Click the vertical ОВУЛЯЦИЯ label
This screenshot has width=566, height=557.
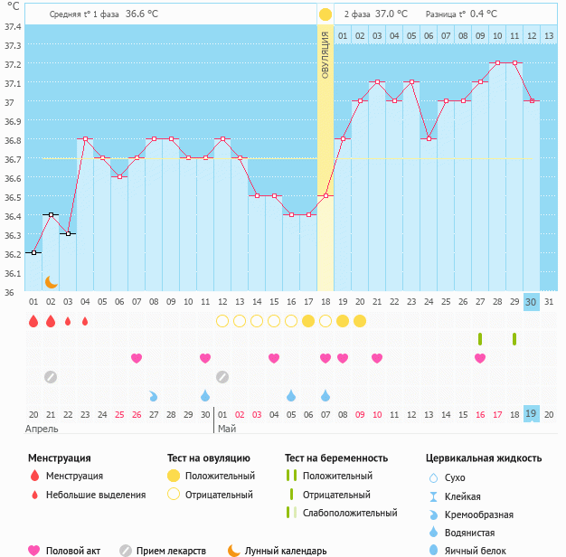[x=325, y=53]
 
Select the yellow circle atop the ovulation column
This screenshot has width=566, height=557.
[x=325, y=14]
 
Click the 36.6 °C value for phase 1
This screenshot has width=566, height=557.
[x=141, y=14]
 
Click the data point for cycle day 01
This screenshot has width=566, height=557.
[x=33, y=253]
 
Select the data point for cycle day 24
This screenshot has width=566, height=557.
[x=429, y=139]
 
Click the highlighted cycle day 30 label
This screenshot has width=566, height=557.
[x=532, y=302]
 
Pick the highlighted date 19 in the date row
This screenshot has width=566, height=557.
[x=532, y=413]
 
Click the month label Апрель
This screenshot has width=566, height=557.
[x=42, y=428]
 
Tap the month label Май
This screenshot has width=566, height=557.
[x=226, y=428]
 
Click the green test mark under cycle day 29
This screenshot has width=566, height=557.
[x=514, y=339]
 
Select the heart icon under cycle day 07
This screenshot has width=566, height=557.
[x=137, y=358]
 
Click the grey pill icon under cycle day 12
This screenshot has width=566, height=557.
[x=222, y=376]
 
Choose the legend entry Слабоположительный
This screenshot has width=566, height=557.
[x=349, y=513]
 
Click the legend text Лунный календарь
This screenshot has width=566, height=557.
[x=286, y=550]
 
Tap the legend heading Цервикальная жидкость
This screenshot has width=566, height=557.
[x=484, y=458]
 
